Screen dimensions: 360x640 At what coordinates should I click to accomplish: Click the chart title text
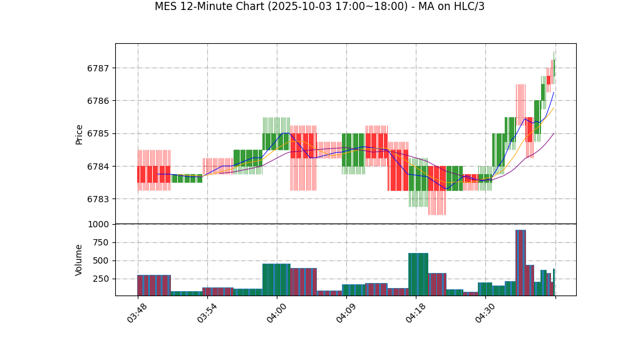click(319, 7)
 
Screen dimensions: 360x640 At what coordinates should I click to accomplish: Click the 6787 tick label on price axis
click(98, 68)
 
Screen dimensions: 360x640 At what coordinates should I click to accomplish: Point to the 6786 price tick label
click(98, 101)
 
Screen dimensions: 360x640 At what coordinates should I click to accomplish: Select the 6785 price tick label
click(98, 133)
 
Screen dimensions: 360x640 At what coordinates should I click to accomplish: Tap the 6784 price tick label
click(98, 167)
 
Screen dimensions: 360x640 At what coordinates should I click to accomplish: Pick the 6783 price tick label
click(98, 199)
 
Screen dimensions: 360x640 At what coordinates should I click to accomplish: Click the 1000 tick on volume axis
click(98, 224)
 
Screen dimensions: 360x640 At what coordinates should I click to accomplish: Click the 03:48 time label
click(137, 313)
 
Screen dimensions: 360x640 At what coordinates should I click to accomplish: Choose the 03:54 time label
click(207, 313)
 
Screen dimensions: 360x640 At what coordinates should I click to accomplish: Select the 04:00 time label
click(276, 313)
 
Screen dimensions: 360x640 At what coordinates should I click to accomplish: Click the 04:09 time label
click(346, 313)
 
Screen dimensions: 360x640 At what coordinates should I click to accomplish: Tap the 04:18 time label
click(415, 313)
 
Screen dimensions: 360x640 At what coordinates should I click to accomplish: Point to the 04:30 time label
click(485, 313)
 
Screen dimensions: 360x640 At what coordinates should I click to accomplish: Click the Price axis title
click(80, 134)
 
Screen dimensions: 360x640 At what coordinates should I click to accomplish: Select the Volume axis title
click(80, 260)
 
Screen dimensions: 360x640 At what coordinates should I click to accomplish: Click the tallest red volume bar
click(520, 263)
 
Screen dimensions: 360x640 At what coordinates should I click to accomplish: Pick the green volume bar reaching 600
click(418, 274)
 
